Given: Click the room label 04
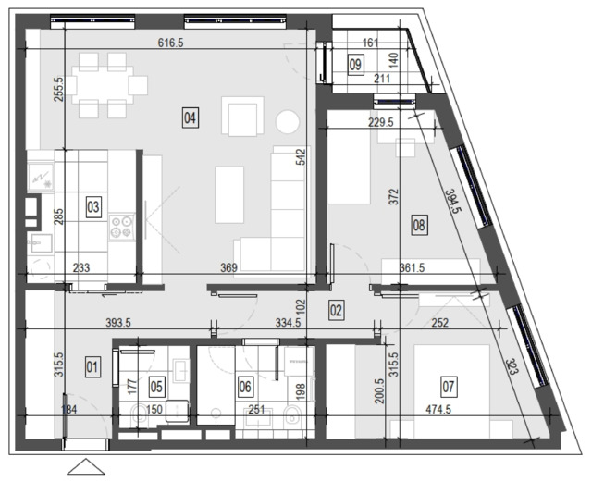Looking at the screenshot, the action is pyautogui.click(x=190, y=117).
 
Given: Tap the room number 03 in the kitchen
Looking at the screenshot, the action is pyautogui.click(x=93, y=207).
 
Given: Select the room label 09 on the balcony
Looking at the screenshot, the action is pyautogui.click(x=355, y=65).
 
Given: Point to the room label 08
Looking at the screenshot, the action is pyautogui.click(x=419, y=226).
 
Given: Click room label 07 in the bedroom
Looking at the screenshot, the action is pyautogui.click(x=448, y=387).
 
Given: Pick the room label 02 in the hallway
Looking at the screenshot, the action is pyautogui.click(x=336, y=311).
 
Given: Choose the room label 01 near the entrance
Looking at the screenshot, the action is pyautogui.click(x=92, y=367).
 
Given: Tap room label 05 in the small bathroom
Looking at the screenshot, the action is pyautogui.click(x=156, y=387).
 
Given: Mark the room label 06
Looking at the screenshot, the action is pyautogui.click(x=245, y=387).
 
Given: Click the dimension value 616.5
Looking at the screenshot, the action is pyautogui.click(x=170, y=43).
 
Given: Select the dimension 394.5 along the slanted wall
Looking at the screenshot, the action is pyautogui.click(x=453, y=201).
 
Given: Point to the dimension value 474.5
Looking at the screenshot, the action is pyautogui.click(x=438, y=409).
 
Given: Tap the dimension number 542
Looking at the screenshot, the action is pyautogui.click(x=301, y=156).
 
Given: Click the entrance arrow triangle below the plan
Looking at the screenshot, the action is pyautogui.click(x=86, y=466).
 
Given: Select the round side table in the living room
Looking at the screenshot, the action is pyautogui.click(x=288, y=121).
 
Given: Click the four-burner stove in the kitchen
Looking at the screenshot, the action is pyautogui.click(x=122, y=227).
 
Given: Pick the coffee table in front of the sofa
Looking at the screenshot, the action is pyautogui.click(x=229, y=194).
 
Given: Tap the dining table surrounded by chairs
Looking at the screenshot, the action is pyautogui.click(x=103, y=85).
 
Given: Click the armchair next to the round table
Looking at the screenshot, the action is pyautogui.click(x=242, y=117).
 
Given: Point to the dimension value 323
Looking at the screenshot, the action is pyautogui.click(x=512, y=366).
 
